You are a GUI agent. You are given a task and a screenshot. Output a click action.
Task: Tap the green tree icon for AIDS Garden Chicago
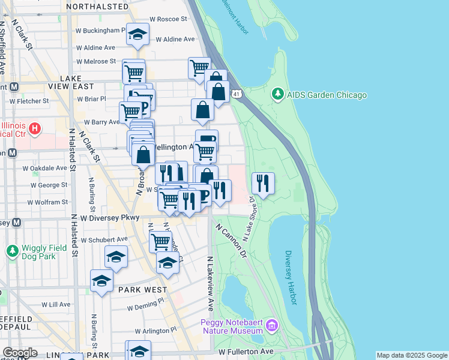click(x=277, y=94)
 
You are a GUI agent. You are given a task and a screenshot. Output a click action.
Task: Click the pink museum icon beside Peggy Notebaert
click(x=272, y=326)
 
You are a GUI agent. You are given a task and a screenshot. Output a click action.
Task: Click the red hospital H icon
click(x=35, y=128)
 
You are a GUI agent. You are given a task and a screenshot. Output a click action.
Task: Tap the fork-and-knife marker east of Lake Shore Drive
click(x=263, y=184)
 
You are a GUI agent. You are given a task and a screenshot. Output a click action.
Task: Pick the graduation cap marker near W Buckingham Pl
click(x=137, y=35)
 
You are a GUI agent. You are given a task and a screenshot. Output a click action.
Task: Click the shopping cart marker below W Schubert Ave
click(x=160, y=242)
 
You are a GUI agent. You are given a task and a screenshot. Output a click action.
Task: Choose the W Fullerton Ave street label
click(x=246, y=351)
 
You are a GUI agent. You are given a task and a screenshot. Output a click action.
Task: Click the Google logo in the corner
click(x=20, y=352)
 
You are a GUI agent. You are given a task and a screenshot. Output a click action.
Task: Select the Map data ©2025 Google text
click(x=411, y=355)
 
